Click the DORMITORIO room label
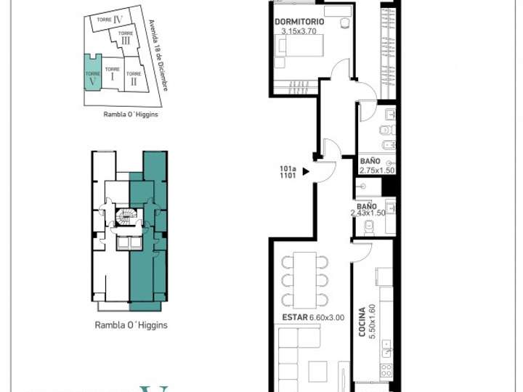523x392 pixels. coord(299,22)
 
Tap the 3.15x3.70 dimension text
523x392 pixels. coord(299,31)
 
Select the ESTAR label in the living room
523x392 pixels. coord(294,317)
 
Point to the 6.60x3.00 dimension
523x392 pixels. coord(326,317)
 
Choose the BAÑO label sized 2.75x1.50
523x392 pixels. coord(370,161)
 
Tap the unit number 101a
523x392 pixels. coord(288,169)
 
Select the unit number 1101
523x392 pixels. coord(288,176)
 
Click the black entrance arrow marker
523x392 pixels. coord(306,173)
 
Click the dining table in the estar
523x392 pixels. coord(305,279)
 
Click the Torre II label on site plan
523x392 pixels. coord(134,78)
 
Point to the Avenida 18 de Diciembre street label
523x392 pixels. coord(159,55)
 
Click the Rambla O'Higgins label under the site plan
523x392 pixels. coord(131,114)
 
